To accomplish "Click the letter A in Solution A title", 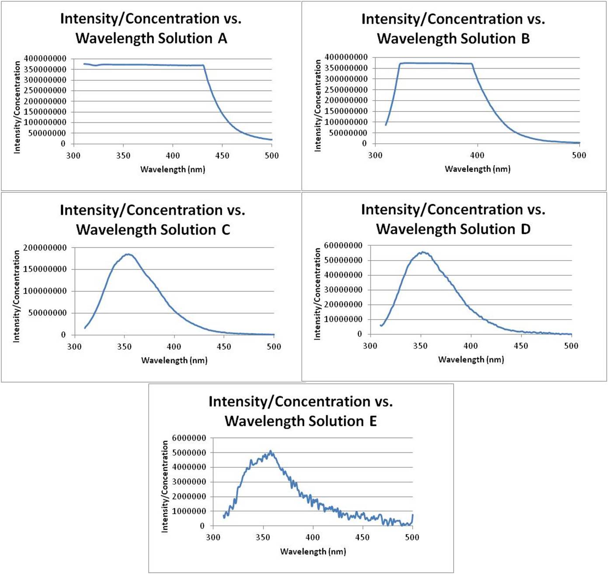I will tap(222, 38).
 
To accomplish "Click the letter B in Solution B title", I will tap(525, 39).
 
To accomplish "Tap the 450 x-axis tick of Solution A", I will tap(222, 156).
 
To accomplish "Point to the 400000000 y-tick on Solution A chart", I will tap(45, 59).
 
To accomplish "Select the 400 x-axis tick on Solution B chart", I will tap(477, 155).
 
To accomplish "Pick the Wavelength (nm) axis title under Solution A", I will tap(173, 169).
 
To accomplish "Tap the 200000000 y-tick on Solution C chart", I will tap(45, 248).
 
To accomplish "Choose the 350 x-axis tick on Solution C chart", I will tap(124, 347).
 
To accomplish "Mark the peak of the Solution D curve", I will tap(423, 252).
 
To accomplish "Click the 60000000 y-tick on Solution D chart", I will tap(343, 246).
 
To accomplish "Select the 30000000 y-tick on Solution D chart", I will tap(343, 290).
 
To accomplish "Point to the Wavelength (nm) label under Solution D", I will tap(471, 359).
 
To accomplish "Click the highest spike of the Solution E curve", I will tap(271, 451).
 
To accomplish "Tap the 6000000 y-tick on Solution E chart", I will tap(189, 438).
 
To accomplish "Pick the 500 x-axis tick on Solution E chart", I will tap(412, 537).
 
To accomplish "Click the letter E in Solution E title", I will tap(373, 421).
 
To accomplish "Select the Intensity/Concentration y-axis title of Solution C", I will tap(17, 296).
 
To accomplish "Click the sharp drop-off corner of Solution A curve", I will tap(204, 66).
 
